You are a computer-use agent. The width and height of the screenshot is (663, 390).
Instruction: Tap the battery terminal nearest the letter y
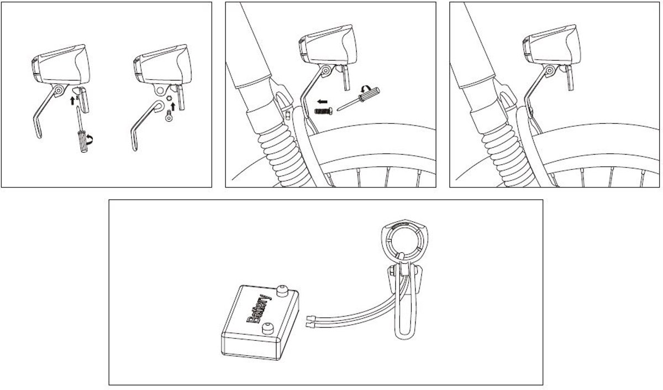(x=282, y=291)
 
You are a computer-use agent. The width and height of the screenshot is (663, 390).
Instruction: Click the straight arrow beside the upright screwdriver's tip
(x=72, y=100)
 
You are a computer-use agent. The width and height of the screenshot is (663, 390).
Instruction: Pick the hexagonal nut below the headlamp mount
(x=170, y=98)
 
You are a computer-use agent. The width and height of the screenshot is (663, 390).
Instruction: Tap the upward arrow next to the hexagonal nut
(x=173, y=106)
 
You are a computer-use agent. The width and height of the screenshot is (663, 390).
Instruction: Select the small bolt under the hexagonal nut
(x=169, y=116)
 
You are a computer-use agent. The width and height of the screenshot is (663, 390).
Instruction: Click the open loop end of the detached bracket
(x=159, y=106)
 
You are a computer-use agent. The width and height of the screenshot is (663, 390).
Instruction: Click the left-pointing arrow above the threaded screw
(x=322, y=102)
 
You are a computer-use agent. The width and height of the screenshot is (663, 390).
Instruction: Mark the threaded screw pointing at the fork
(x=323, y=111)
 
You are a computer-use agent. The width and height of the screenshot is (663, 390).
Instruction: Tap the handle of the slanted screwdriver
(x=369, y=93)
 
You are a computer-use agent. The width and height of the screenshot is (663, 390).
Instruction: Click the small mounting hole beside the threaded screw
(x=287, y=115)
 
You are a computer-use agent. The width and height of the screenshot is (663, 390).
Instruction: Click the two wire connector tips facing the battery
(x=309, y=321)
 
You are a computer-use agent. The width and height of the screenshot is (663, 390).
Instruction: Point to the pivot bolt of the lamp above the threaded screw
(x=326, y=71)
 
